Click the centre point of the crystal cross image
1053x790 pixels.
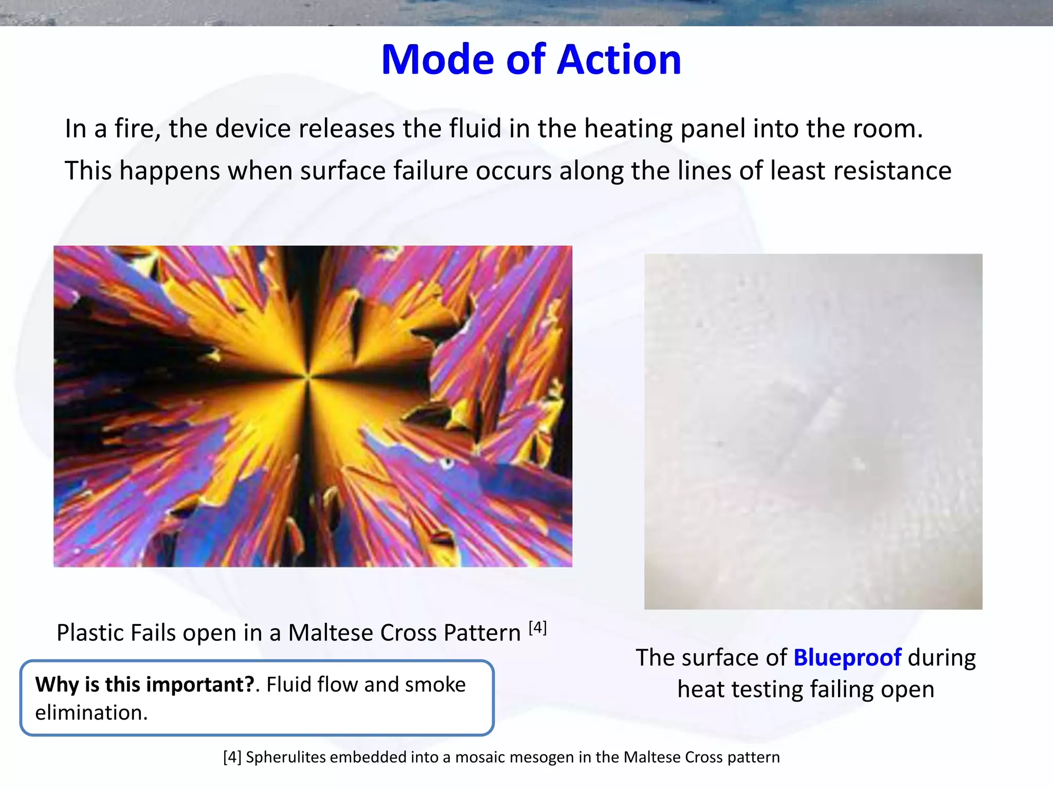coord(308,377)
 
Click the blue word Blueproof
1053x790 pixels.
coord(847,658)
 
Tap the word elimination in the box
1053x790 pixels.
coord(91,713)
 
